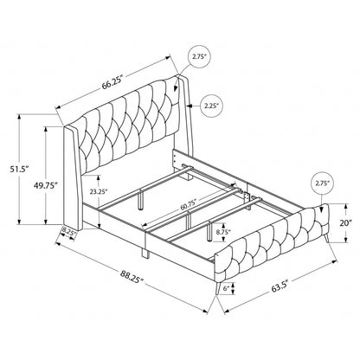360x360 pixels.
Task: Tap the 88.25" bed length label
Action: tap(132, 277)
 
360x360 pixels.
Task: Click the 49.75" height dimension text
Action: tap(45, 185)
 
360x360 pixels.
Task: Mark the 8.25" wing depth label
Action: tap(69, 231)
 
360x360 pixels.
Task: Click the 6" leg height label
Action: tap(226, 287)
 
